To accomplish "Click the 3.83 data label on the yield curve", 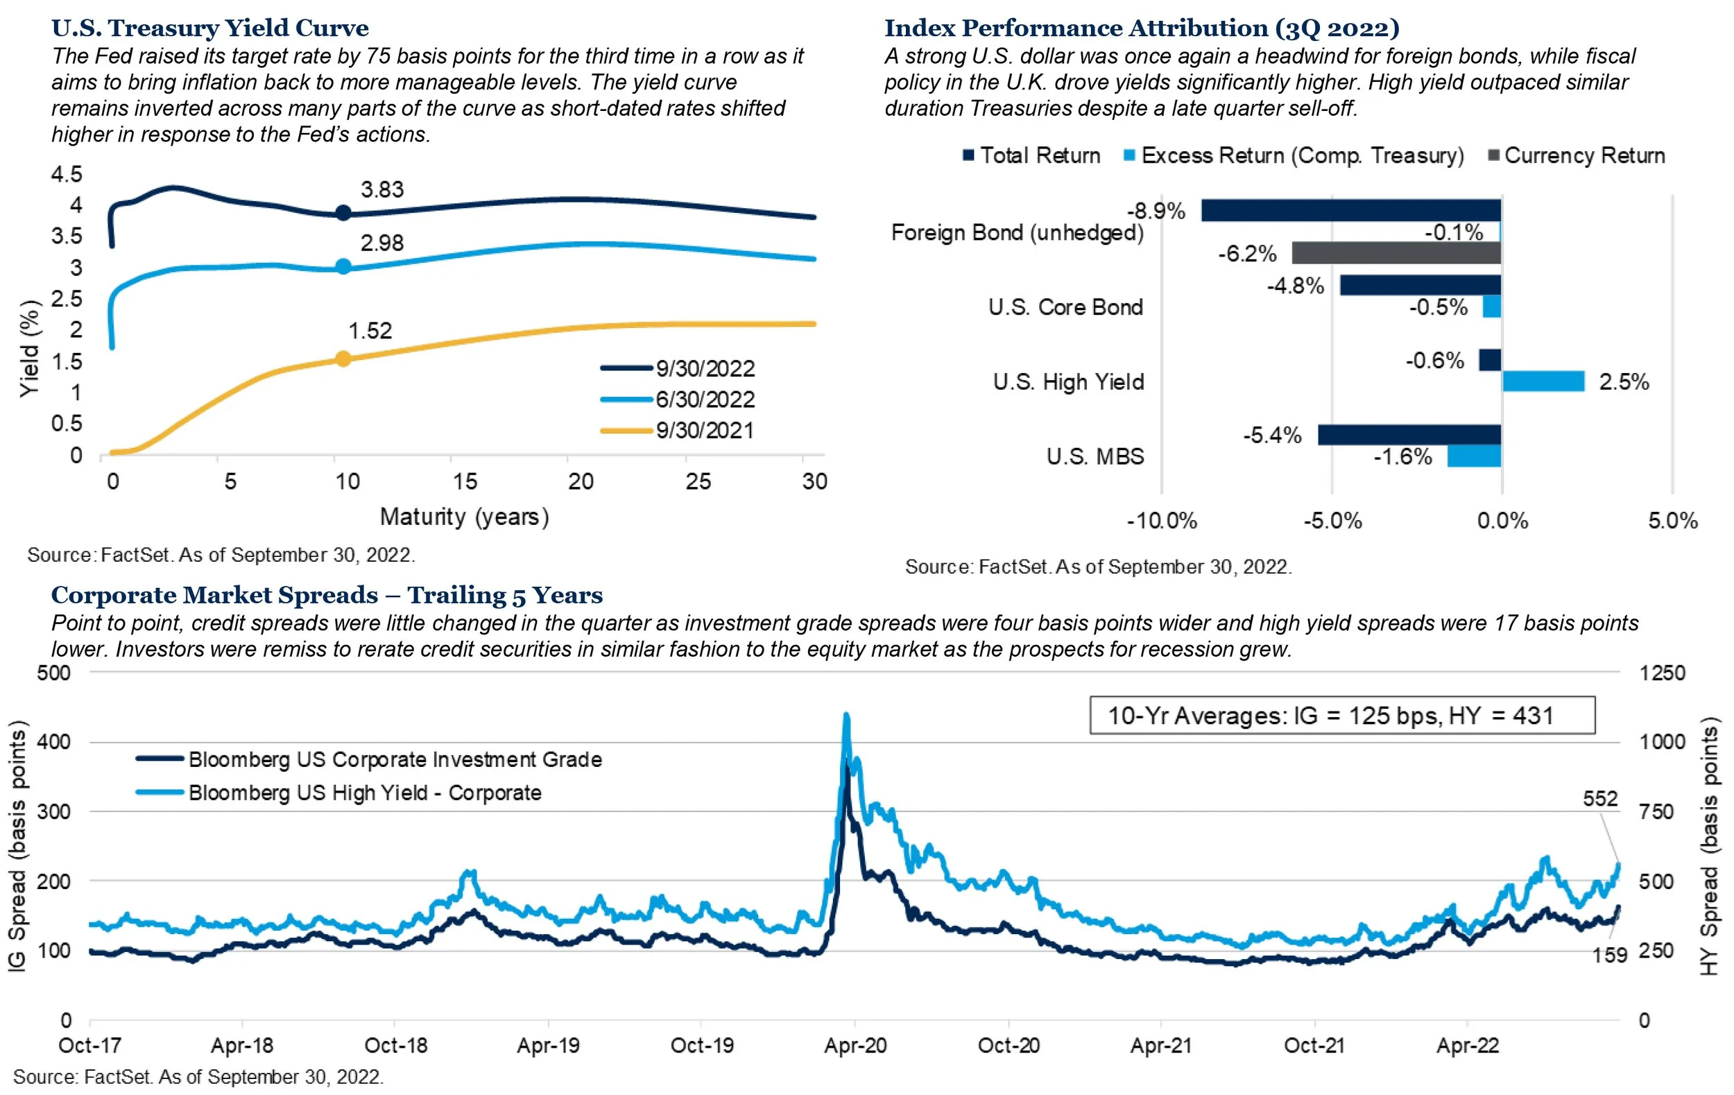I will tap(381, 189).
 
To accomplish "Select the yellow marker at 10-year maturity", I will tap(343, 359).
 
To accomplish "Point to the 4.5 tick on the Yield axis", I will tap(67, 174).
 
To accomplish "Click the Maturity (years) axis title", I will tap(465, 517).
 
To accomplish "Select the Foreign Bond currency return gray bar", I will tap(1396, 253).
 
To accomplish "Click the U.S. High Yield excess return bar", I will tap(1543, 381).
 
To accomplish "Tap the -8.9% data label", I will tap(1155, 211).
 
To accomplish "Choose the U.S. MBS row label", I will tap(1095, 456).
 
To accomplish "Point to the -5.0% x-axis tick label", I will tap(1332, 521).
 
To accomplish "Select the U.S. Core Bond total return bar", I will tap(1420, 286).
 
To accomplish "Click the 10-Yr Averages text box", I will tap(1341, 716).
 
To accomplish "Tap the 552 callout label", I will tap(1600, 799).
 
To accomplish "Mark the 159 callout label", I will tap(1609, 956).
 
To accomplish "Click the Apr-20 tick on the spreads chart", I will tap(855, 1045).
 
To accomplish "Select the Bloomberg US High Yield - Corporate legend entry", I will tap(364, 793).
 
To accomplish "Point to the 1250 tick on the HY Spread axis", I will tap(1662, 673).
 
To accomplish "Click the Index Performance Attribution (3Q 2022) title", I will tap(1142, 28).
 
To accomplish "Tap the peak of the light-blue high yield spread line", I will tap(846, 716).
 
